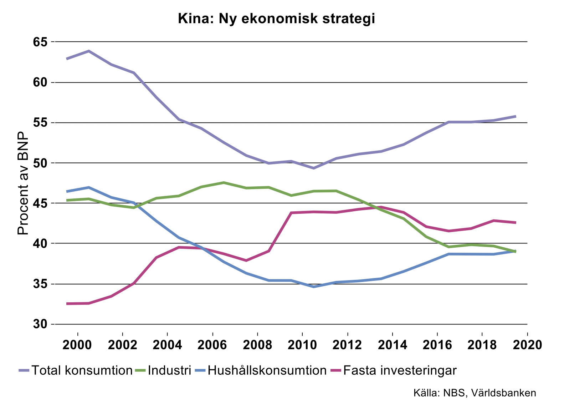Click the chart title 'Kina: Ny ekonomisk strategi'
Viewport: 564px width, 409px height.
[x=276, y=19]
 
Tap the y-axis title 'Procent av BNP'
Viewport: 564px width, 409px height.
[x=23, y=183]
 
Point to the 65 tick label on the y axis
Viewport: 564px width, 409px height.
[x=40, y=42]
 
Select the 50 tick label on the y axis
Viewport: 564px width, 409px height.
[x=40, y=163]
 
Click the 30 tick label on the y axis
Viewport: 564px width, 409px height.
[x=40, y=324]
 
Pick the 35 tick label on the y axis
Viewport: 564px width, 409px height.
[x=40, y=284]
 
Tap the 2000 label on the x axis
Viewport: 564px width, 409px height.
[x=77, y=345]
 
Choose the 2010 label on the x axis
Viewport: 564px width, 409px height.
[x=302, y=345]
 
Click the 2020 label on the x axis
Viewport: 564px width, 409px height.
[x=527, y=345]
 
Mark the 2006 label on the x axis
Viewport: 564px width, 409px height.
[x=212, y=345]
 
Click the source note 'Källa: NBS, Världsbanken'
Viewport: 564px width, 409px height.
[x=475, y=393]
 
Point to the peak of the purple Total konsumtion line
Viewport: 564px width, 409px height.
[x=89, y=51]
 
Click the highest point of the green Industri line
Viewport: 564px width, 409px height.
[x=224, y=182]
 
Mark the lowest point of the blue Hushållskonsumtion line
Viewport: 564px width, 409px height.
[x=313, y=287]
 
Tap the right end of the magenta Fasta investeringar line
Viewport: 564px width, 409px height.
[x=515, y=222]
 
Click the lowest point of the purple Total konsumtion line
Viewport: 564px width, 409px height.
[x=313, y=168]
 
